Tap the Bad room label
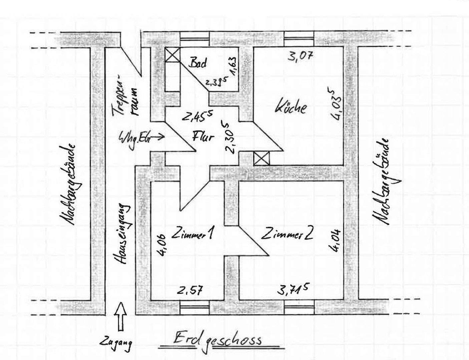point(198,63)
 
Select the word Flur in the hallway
point(203,136)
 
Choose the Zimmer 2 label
point(287,234)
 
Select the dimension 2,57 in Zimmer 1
point(189,290)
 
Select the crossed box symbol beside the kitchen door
point(262,158)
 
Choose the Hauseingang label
point(123,235)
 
